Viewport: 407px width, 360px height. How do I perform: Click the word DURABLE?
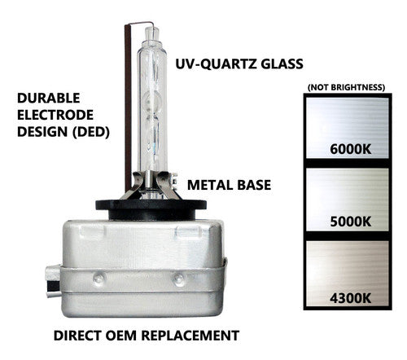pyautogui.click(x=45, y=97)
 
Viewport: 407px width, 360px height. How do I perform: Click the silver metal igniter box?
pyautogui.click(x=138, y=261)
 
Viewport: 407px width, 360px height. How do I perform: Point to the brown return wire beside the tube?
pyautogui.click(x=126, y=106)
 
